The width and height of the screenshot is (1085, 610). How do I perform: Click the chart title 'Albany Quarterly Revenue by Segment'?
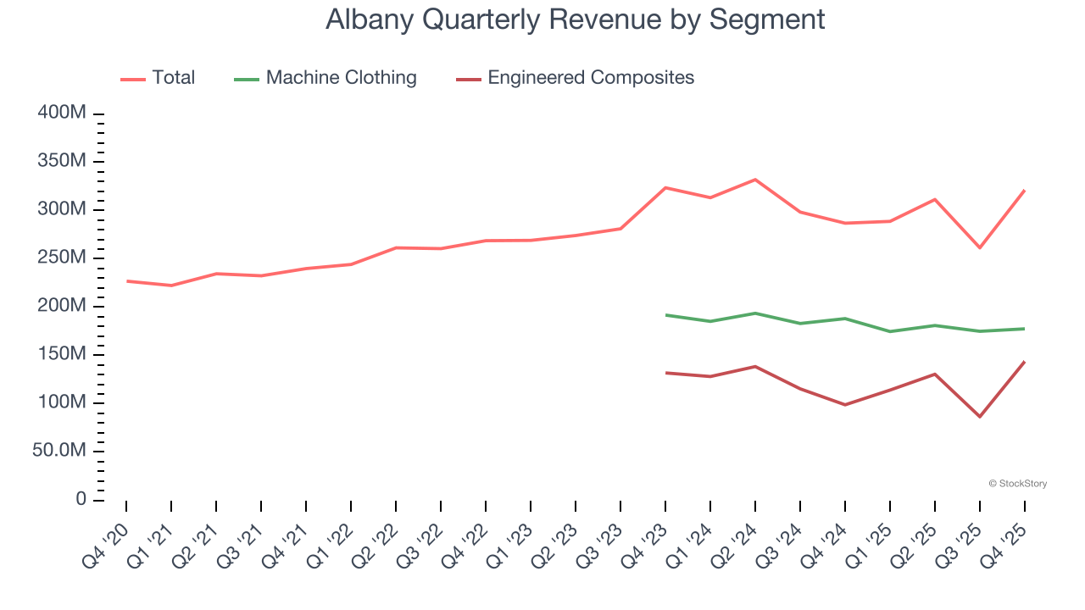tap(575, 19)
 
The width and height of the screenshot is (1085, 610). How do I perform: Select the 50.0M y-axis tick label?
tap(59, 451)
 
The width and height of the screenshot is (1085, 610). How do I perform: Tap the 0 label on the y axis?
tap(81, 499)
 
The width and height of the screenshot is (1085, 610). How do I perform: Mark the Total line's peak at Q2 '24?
tap(755, 180)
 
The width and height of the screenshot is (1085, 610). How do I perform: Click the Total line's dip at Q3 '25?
tap(980, 247)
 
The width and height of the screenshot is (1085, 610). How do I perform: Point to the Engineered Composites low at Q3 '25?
tap(980, 417)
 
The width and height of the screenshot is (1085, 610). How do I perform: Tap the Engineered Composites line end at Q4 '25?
tap(1025, 362)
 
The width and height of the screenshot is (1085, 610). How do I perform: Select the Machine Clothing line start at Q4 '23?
tap(665, 315)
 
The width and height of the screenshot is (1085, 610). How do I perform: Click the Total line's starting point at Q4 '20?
tap(127, 280)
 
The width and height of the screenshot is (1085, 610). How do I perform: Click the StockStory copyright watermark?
tap(1017, 484)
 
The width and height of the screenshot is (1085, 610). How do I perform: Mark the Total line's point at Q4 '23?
tap(665, 187)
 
